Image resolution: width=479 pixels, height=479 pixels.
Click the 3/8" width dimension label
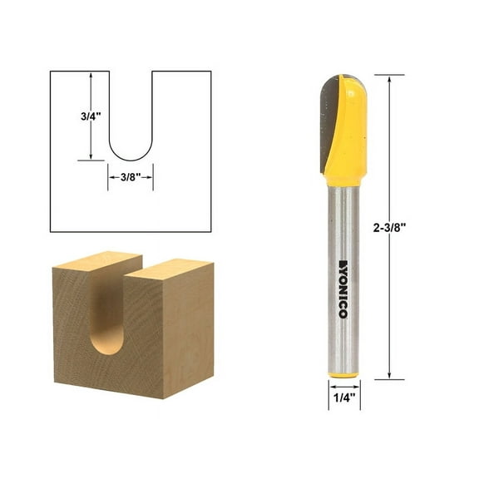[129, 176]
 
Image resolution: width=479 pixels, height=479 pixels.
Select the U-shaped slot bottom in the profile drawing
[129, 154]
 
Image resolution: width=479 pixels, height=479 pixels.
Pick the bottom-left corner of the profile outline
[51, 232]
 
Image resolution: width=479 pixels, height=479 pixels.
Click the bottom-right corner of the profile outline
[210, 232]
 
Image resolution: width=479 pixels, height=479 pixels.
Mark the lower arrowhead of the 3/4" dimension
[90, 157]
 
